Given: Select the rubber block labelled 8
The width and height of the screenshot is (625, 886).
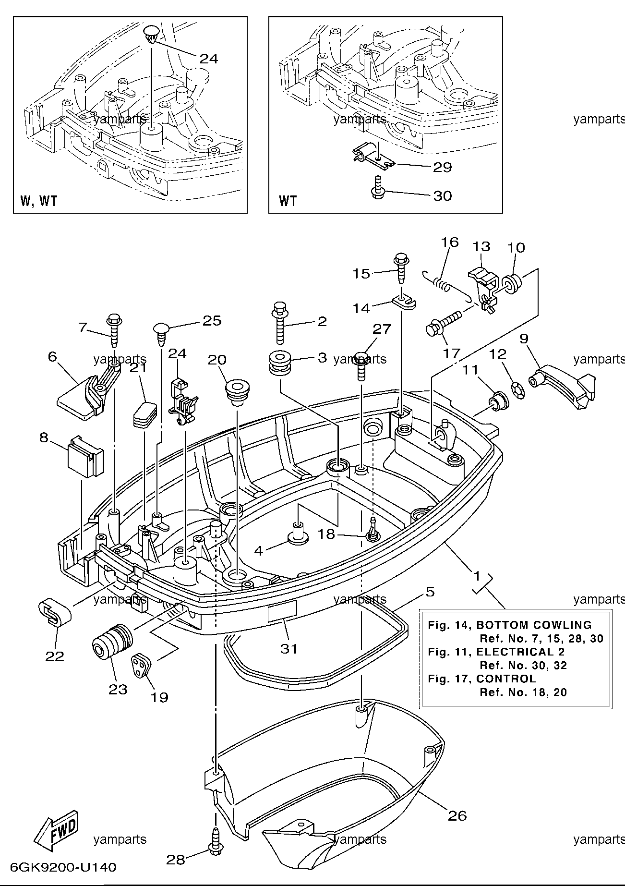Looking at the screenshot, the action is point(85,456).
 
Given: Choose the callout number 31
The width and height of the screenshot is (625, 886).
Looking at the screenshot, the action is point(289,649).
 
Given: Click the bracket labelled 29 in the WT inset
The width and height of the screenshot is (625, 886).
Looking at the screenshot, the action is point(372,156).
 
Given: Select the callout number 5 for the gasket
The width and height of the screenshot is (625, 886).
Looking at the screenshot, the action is point(430,592).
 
